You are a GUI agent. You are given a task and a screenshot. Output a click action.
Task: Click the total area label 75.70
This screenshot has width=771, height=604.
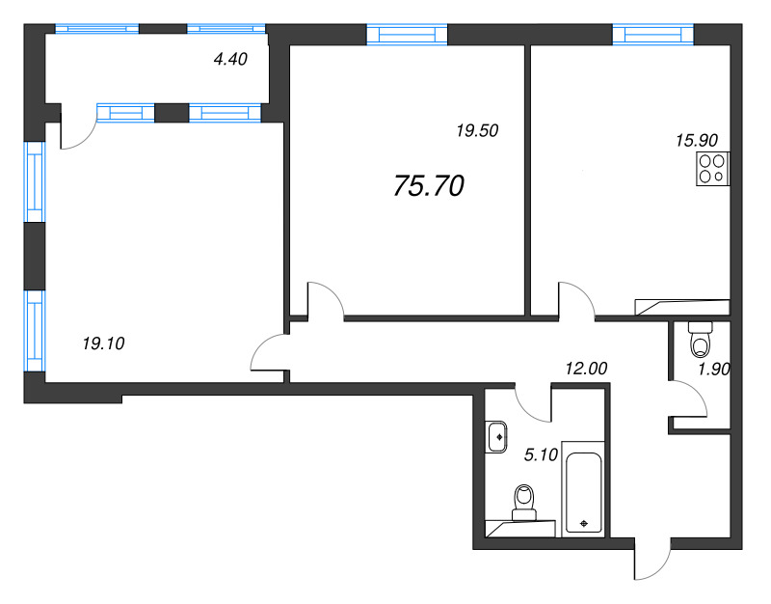point(429,186)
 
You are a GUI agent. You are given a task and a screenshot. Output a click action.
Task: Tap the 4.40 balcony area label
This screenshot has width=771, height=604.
point(230,59)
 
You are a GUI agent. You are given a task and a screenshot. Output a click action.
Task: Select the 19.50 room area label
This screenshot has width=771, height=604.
point(476,131)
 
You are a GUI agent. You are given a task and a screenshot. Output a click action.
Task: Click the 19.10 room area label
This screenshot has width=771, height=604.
point(105,342)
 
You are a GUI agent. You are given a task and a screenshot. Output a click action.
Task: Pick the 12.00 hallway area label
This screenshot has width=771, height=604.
point(586,368)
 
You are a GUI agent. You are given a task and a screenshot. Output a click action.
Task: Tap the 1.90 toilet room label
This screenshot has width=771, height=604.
point(714,371)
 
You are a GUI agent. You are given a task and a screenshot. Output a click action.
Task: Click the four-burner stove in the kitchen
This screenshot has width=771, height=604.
point(713,169)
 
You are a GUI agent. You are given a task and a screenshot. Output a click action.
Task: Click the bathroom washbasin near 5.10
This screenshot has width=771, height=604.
point(498,436)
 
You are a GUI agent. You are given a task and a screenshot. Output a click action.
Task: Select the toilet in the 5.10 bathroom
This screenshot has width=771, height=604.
point(525,502)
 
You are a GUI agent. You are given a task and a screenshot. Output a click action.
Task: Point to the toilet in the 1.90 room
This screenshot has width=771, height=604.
point(701,340)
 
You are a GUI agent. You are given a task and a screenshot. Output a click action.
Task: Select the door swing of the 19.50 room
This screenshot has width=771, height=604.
point(326,297)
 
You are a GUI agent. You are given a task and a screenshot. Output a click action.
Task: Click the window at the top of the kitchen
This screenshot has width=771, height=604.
point(652,35)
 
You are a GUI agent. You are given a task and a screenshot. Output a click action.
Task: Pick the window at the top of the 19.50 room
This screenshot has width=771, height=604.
point(408,35)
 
